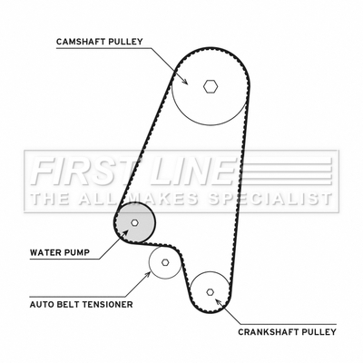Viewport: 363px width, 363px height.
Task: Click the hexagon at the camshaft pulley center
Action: (x=211, y=86)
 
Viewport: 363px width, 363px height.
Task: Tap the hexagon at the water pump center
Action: (x=134, y=222)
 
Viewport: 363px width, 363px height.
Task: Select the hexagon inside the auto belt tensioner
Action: (x=165, y=262)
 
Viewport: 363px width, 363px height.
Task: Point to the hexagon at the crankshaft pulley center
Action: (x=211, y=292)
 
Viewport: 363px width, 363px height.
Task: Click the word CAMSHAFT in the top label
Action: (x=79, y=42)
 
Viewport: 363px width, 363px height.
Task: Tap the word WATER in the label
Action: (x=44, y=252)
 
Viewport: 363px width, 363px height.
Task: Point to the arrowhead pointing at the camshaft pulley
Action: (x=184, y=81)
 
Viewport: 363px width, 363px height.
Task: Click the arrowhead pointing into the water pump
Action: (x=125, y=233)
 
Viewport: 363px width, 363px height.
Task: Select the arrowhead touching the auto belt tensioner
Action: (x=148, y=275)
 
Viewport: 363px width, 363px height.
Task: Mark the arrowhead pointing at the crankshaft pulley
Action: (x=218, y=302)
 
